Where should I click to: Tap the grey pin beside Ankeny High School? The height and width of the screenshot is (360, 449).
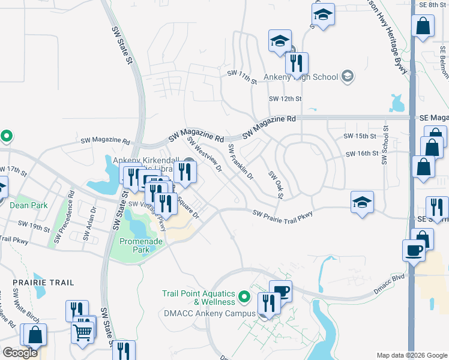[x=347, y=76]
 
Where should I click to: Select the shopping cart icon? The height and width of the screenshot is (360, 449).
[x=82, y=332]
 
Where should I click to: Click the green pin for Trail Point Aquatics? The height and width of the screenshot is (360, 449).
[x=244, y=296]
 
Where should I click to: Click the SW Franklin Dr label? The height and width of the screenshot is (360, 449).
[x=241, y=162]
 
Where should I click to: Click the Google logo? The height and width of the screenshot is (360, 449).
[x=20, y=353]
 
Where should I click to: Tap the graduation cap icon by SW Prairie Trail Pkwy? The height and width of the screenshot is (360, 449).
[x=363, y=203]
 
